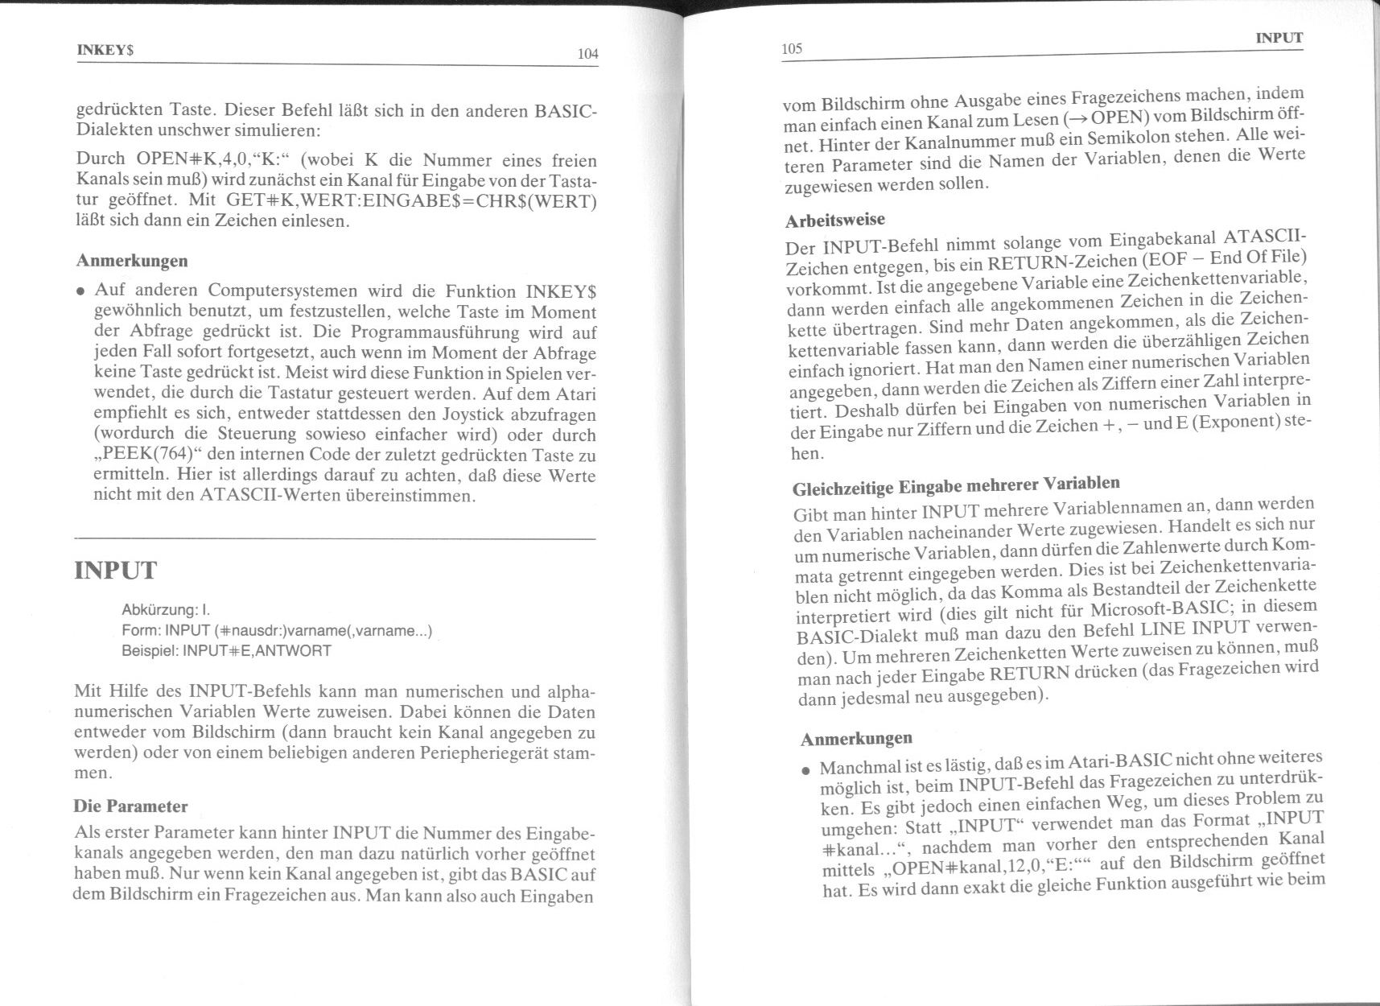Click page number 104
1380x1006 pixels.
[587, 54]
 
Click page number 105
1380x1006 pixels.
[792, 49]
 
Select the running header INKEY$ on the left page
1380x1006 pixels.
[105, 49]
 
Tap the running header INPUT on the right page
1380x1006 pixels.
[1279, 38]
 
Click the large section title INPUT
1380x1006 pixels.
[115, 571]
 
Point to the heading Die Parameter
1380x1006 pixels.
[130, 806]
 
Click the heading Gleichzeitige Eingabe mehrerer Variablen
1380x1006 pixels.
[956, 486]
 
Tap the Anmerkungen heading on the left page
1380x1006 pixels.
[132, 261]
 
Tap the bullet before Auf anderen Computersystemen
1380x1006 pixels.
[81, 291]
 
